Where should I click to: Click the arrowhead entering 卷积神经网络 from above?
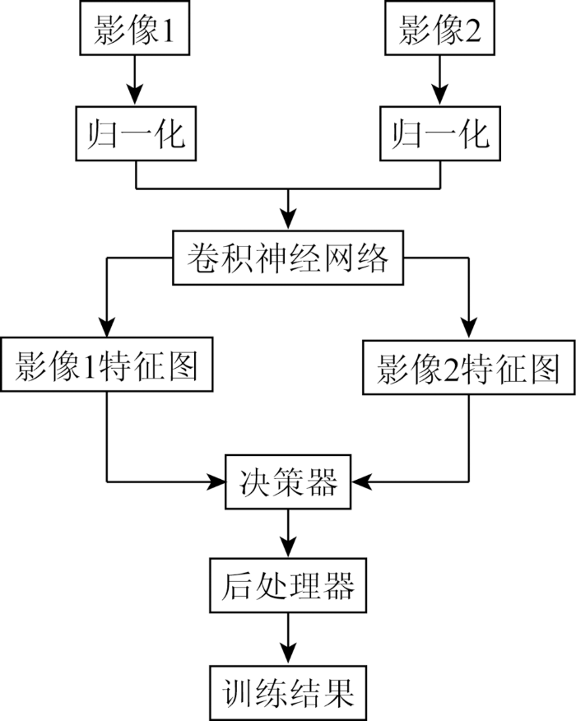[288, 219]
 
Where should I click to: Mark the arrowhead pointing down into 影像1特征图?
[107, 326]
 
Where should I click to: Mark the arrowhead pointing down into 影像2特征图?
[469, 328]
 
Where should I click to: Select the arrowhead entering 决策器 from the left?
[215, 481]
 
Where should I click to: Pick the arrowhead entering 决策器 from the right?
[362, 481]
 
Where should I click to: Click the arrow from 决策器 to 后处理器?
[288, 534]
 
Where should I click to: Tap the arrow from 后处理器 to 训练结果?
[288, 640]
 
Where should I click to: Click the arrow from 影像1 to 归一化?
[135, 81]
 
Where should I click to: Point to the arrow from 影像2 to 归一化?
[440, 81]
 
